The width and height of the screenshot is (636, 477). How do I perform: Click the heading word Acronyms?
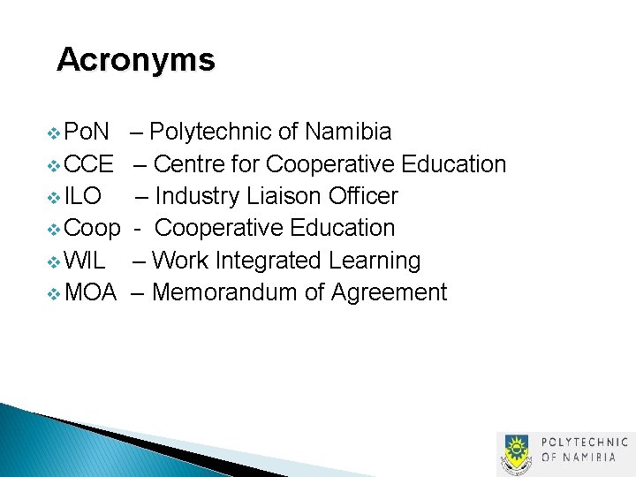135,60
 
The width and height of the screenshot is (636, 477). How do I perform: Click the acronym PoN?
87,132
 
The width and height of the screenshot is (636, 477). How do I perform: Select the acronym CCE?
89,164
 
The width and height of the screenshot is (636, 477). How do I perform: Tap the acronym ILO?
83,196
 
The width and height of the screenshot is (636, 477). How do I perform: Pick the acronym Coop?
93,228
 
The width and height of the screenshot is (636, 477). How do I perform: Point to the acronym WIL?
86,261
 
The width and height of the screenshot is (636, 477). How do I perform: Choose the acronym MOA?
91,292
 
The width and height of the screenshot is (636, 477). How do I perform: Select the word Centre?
193,164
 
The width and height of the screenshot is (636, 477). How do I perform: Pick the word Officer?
363,196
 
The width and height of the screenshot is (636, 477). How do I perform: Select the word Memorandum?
224,292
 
